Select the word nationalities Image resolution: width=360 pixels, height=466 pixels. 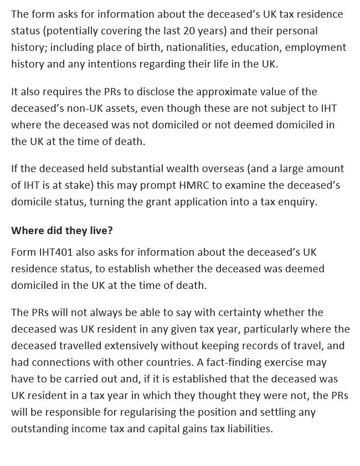pyautogui.click(x=194, y=47)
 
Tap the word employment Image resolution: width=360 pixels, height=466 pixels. pyautogui.click(x=317, y=47)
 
